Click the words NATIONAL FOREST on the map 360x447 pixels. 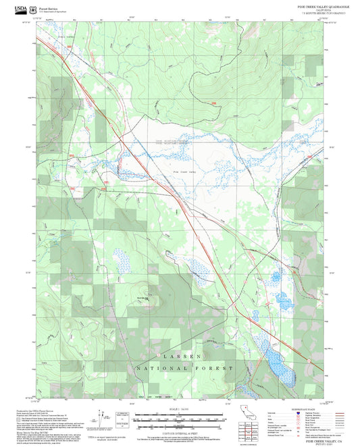(x=184, y=369)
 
